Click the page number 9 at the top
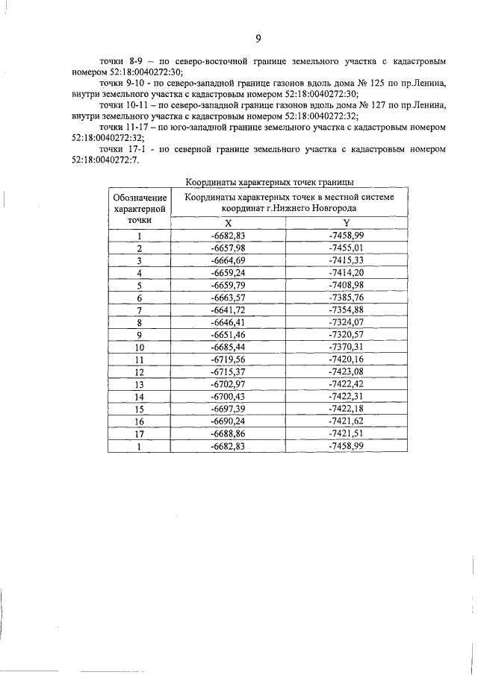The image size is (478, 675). (x=258, y=39)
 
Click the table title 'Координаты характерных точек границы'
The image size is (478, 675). (x=268, y=181)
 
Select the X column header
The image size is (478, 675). (x=229, y=223)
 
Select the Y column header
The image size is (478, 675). (x=346, y=223)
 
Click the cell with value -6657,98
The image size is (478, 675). (x=229, y=248)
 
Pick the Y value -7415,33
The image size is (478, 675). (x=346, y=260)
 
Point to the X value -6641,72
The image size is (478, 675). (x=229, y=310)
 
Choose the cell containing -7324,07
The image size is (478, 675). (x=346, y=322)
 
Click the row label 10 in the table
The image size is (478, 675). (x=139, y=347)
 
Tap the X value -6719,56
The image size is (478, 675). (x=229, y=359)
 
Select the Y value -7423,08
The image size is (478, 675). (x=346, y=371)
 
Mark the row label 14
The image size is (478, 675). (x=139, y=396)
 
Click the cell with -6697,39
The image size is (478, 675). (x=229, y=409)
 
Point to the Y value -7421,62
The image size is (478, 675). (x=346, y=421)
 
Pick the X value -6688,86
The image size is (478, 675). (x=229, y=433)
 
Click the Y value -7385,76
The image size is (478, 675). (x=346, y=297)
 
